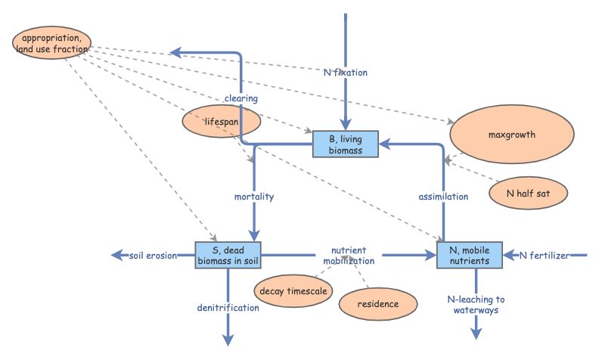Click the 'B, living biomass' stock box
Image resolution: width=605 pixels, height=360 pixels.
click(346, 144)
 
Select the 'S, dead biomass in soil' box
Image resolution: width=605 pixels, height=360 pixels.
click(228, 256)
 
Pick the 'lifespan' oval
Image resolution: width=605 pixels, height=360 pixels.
click(222, 120)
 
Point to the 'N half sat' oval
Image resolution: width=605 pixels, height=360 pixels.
click(527, 192)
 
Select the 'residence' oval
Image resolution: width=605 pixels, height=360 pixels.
click(379, 304)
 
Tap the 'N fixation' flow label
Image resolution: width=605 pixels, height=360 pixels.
click(345, 73)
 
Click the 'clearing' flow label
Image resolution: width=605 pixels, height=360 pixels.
click(241, 98)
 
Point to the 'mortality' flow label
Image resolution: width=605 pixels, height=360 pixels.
click(253, 197)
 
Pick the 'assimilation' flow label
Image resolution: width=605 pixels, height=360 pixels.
click(443, 197)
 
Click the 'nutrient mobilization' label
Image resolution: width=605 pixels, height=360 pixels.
click(349, 256)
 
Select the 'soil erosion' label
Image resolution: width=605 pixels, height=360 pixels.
click(154, 256)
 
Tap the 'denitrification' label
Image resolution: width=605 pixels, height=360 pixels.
click(228, 308)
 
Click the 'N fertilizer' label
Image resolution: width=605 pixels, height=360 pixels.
click(544, 256)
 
